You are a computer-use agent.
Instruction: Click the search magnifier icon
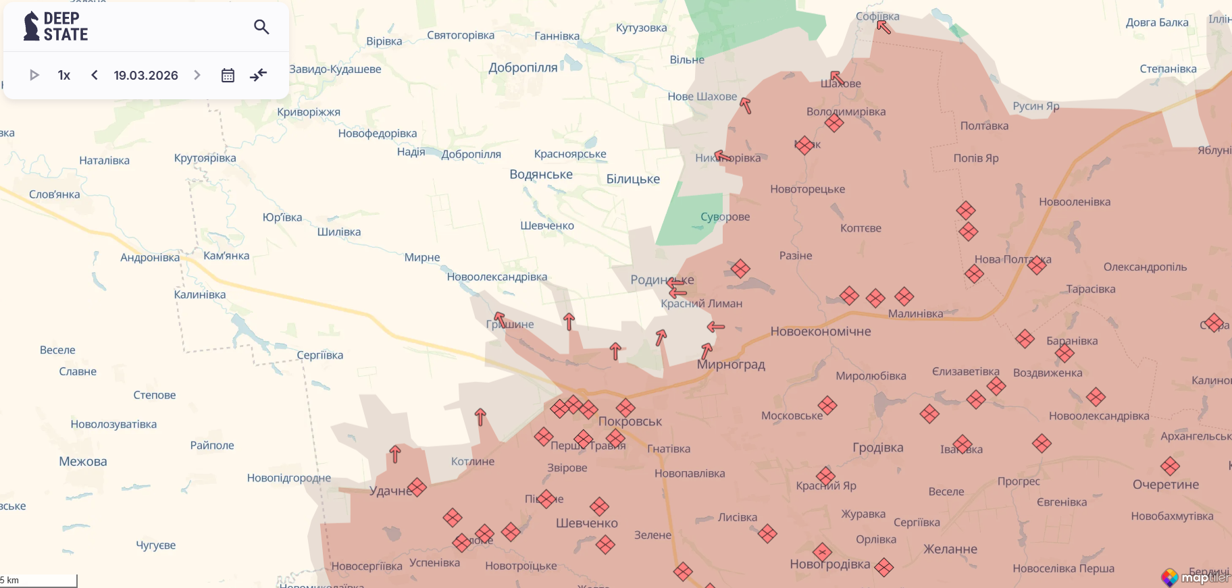coord(261,27)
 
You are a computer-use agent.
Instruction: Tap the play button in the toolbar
coord(34,75)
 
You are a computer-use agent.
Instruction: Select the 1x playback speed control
coord(64,75)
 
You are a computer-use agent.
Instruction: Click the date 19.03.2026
coord(146,75)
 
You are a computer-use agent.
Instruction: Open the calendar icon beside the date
coord(228,75)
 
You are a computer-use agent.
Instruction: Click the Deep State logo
coord(56,26)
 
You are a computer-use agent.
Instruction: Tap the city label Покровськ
coord(630,421)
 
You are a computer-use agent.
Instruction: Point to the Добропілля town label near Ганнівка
coord(523,68)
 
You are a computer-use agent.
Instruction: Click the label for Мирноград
coord(731,365)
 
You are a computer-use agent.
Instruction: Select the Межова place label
coord(83,462)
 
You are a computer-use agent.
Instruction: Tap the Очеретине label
coord(1166,485)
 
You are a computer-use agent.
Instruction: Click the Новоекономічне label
coord(821,331)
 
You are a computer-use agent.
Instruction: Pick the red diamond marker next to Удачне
coord(417,487)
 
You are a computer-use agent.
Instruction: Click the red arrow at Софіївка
coord(883,27)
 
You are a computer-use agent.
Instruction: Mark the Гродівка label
coord(877,448)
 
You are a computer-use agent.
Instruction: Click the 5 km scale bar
coord(38,581)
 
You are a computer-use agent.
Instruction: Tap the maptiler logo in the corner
coord(1194,577)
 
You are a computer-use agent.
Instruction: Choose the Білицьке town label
coord(633,179)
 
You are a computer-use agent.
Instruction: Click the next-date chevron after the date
coord(197,75)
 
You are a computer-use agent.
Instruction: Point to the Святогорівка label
coord(461,35)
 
